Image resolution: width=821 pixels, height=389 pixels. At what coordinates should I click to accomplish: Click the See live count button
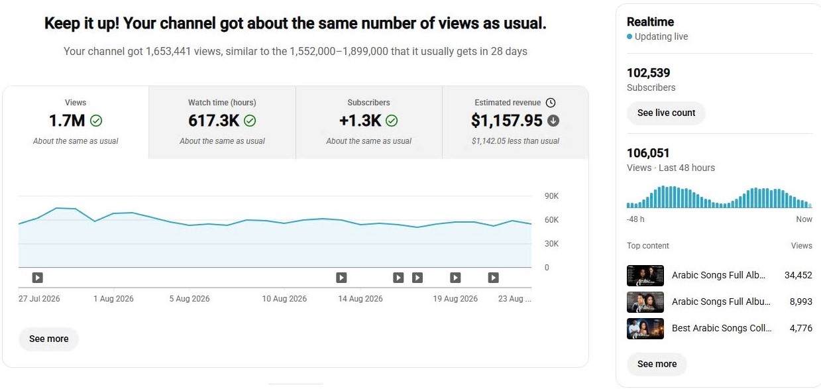click(x=666, y=113)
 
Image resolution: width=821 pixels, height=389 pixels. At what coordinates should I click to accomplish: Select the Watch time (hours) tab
click(x=222, y=123)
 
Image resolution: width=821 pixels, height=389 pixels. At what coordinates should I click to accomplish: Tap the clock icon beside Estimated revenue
click(x=551, y=103)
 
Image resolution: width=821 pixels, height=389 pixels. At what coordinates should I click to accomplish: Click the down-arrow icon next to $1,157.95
click(x=553, y=121)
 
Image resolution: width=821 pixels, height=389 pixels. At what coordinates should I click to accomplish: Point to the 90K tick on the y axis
click(x=551, y=196)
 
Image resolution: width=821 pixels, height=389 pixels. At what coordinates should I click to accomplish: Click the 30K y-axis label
click(x=551, y=244)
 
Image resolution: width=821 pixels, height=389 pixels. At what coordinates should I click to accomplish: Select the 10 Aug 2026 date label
click(x=284, y=299)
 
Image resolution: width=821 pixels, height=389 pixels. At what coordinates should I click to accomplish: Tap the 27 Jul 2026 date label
click(x=39, y=299)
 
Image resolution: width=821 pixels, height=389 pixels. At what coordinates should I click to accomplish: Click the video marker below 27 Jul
click(x=37, y=278)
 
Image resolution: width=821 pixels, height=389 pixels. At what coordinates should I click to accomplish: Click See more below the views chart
click(x=49, y=339)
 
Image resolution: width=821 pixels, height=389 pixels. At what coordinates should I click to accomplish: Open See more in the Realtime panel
click(x=657, y=364)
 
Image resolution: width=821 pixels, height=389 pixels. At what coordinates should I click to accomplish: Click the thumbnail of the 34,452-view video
click(x=645, y=275)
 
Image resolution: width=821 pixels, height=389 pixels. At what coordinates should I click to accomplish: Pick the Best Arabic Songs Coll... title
click(x=722, y=328)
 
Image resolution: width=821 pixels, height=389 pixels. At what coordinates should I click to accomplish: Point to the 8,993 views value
click(x=801, y=302)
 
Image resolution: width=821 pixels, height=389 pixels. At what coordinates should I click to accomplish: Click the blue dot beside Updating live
click(x=629, y=36)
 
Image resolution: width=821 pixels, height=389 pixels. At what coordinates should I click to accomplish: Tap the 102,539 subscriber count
click(x=648, y=73)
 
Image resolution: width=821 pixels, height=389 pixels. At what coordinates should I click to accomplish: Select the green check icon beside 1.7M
click(x=96, y=121)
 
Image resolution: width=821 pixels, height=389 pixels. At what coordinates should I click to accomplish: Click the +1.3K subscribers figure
click(x=360, y=121)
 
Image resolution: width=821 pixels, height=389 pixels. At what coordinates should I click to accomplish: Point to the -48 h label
click(x=635, y=219)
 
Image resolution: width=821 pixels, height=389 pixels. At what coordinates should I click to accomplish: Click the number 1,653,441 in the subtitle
click(x=168, y=51)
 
